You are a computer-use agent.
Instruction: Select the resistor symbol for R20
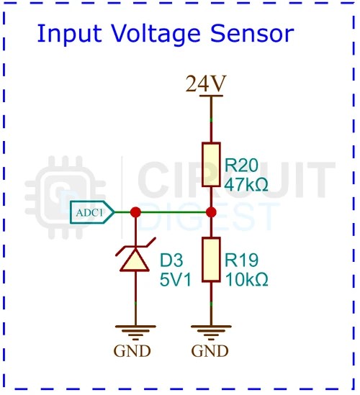tap(211, 165)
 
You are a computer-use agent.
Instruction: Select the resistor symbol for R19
tap(211, 260)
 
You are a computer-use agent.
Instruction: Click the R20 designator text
tap(242, 164)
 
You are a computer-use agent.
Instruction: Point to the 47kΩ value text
tap(246, 183)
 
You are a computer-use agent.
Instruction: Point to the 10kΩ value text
tap(246, 278)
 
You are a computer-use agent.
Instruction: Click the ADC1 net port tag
tap(93, 212)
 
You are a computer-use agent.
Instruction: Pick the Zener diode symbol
tap(135, 259)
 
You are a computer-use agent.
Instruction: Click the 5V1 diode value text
tap(175, 278)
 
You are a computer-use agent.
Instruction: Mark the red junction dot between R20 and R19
tap(211, 212)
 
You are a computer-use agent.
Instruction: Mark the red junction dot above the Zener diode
tap(135, 212)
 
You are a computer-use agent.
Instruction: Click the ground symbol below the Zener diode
tap(135, 332)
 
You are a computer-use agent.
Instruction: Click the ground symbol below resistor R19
tap(211, 332)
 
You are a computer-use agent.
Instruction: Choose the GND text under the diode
tap(132, 352)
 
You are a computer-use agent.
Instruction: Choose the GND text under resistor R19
tap(210, 352)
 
